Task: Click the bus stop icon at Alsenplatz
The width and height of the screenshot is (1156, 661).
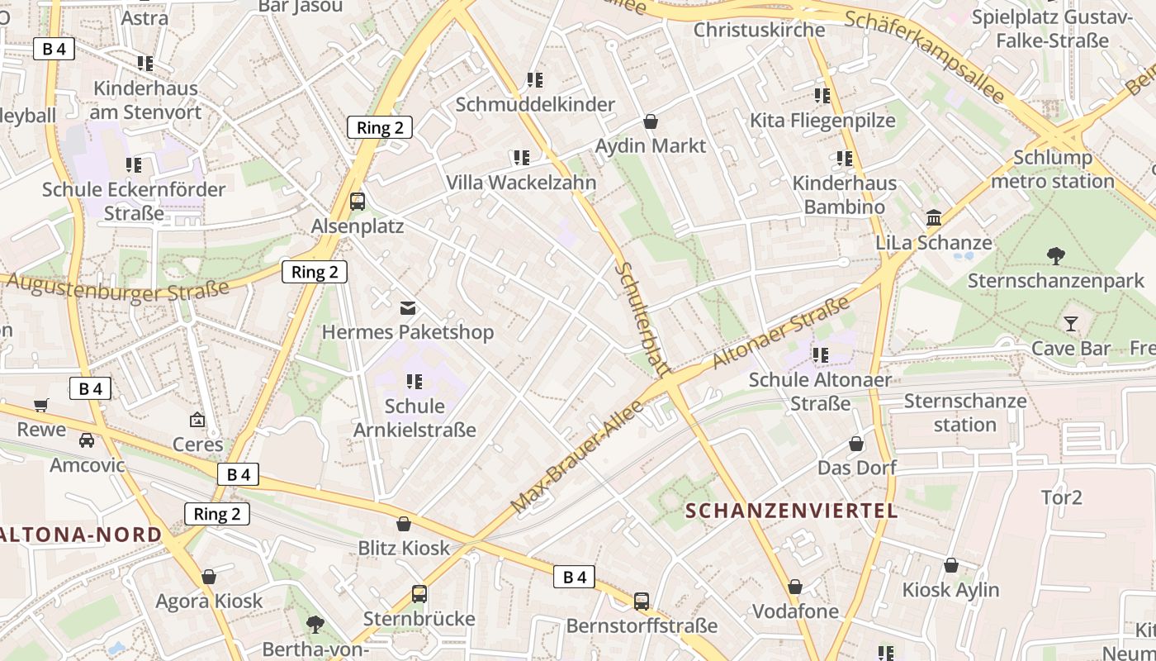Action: click(x=358, y=201)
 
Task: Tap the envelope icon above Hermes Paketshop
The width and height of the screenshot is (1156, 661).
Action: click(x=408, y=308)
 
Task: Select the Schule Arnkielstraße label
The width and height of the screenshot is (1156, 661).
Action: click(x=415, y=418)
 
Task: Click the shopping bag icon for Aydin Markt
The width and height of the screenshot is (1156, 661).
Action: click(x=651, y=121)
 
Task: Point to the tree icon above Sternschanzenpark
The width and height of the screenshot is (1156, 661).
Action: click(x=1055, y=255)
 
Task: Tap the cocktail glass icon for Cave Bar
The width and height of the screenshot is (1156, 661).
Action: click(x=1071, y=323)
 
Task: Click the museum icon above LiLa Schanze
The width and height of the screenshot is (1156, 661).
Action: click(x=934, y=218)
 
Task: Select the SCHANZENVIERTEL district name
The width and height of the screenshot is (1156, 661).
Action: click(x=791, y=511)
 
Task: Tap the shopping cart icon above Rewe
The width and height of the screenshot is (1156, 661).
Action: click(x=41, y=405)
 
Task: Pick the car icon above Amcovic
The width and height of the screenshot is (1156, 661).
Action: click(x=87, y=440)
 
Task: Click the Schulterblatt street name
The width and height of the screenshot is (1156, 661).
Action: click(x=642, y=320)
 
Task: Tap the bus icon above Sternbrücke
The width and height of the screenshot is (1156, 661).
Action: click(x=419, y=594)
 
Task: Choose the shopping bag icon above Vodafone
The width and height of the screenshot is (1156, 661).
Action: click(x=795, y=587)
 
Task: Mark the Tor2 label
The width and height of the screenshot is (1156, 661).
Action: click(x=1061, y=497)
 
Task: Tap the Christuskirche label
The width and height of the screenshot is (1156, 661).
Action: click(x=759, y=30)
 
